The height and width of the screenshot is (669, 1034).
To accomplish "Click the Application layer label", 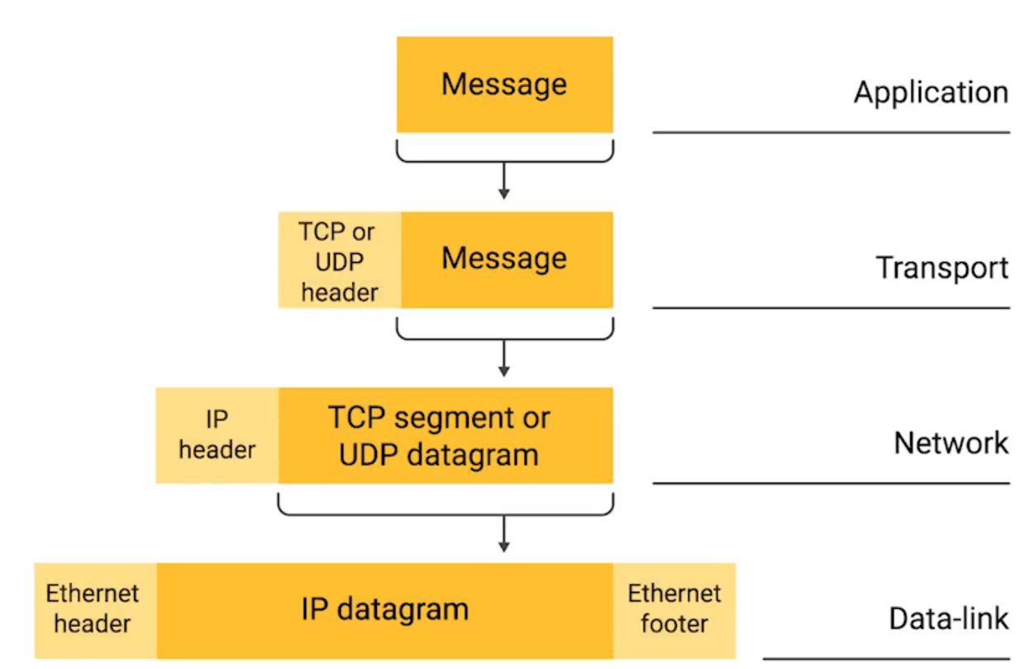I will coord(931,92).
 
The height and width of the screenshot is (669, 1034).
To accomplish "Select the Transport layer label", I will coord(942,268).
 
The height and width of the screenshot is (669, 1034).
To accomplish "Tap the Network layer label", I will coord(951,443).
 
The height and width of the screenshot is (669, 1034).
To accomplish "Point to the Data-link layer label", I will coord(949,619).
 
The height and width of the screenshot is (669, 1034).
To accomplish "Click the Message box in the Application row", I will coord(504,84).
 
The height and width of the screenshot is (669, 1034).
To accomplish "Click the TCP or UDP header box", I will coord(340,260).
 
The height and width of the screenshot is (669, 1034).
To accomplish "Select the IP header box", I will coord(217,436).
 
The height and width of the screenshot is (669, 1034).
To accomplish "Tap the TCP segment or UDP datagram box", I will coord(445,436).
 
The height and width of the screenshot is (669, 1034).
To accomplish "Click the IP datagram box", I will coord(384,611).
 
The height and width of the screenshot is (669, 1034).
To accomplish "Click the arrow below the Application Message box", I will coord(503,181).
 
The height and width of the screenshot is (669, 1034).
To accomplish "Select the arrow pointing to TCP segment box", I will coord(503,357).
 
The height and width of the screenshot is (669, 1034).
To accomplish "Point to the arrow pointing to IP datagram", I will coord(503,533).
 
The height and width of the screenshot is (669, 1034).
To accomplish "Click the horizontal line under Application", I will coord(831,131).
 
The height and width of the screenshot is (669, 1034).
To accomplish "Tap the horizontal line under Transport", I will coord(831,308).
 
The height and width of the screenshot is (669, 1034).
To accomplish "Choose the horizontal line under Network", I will coord(831,483).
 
